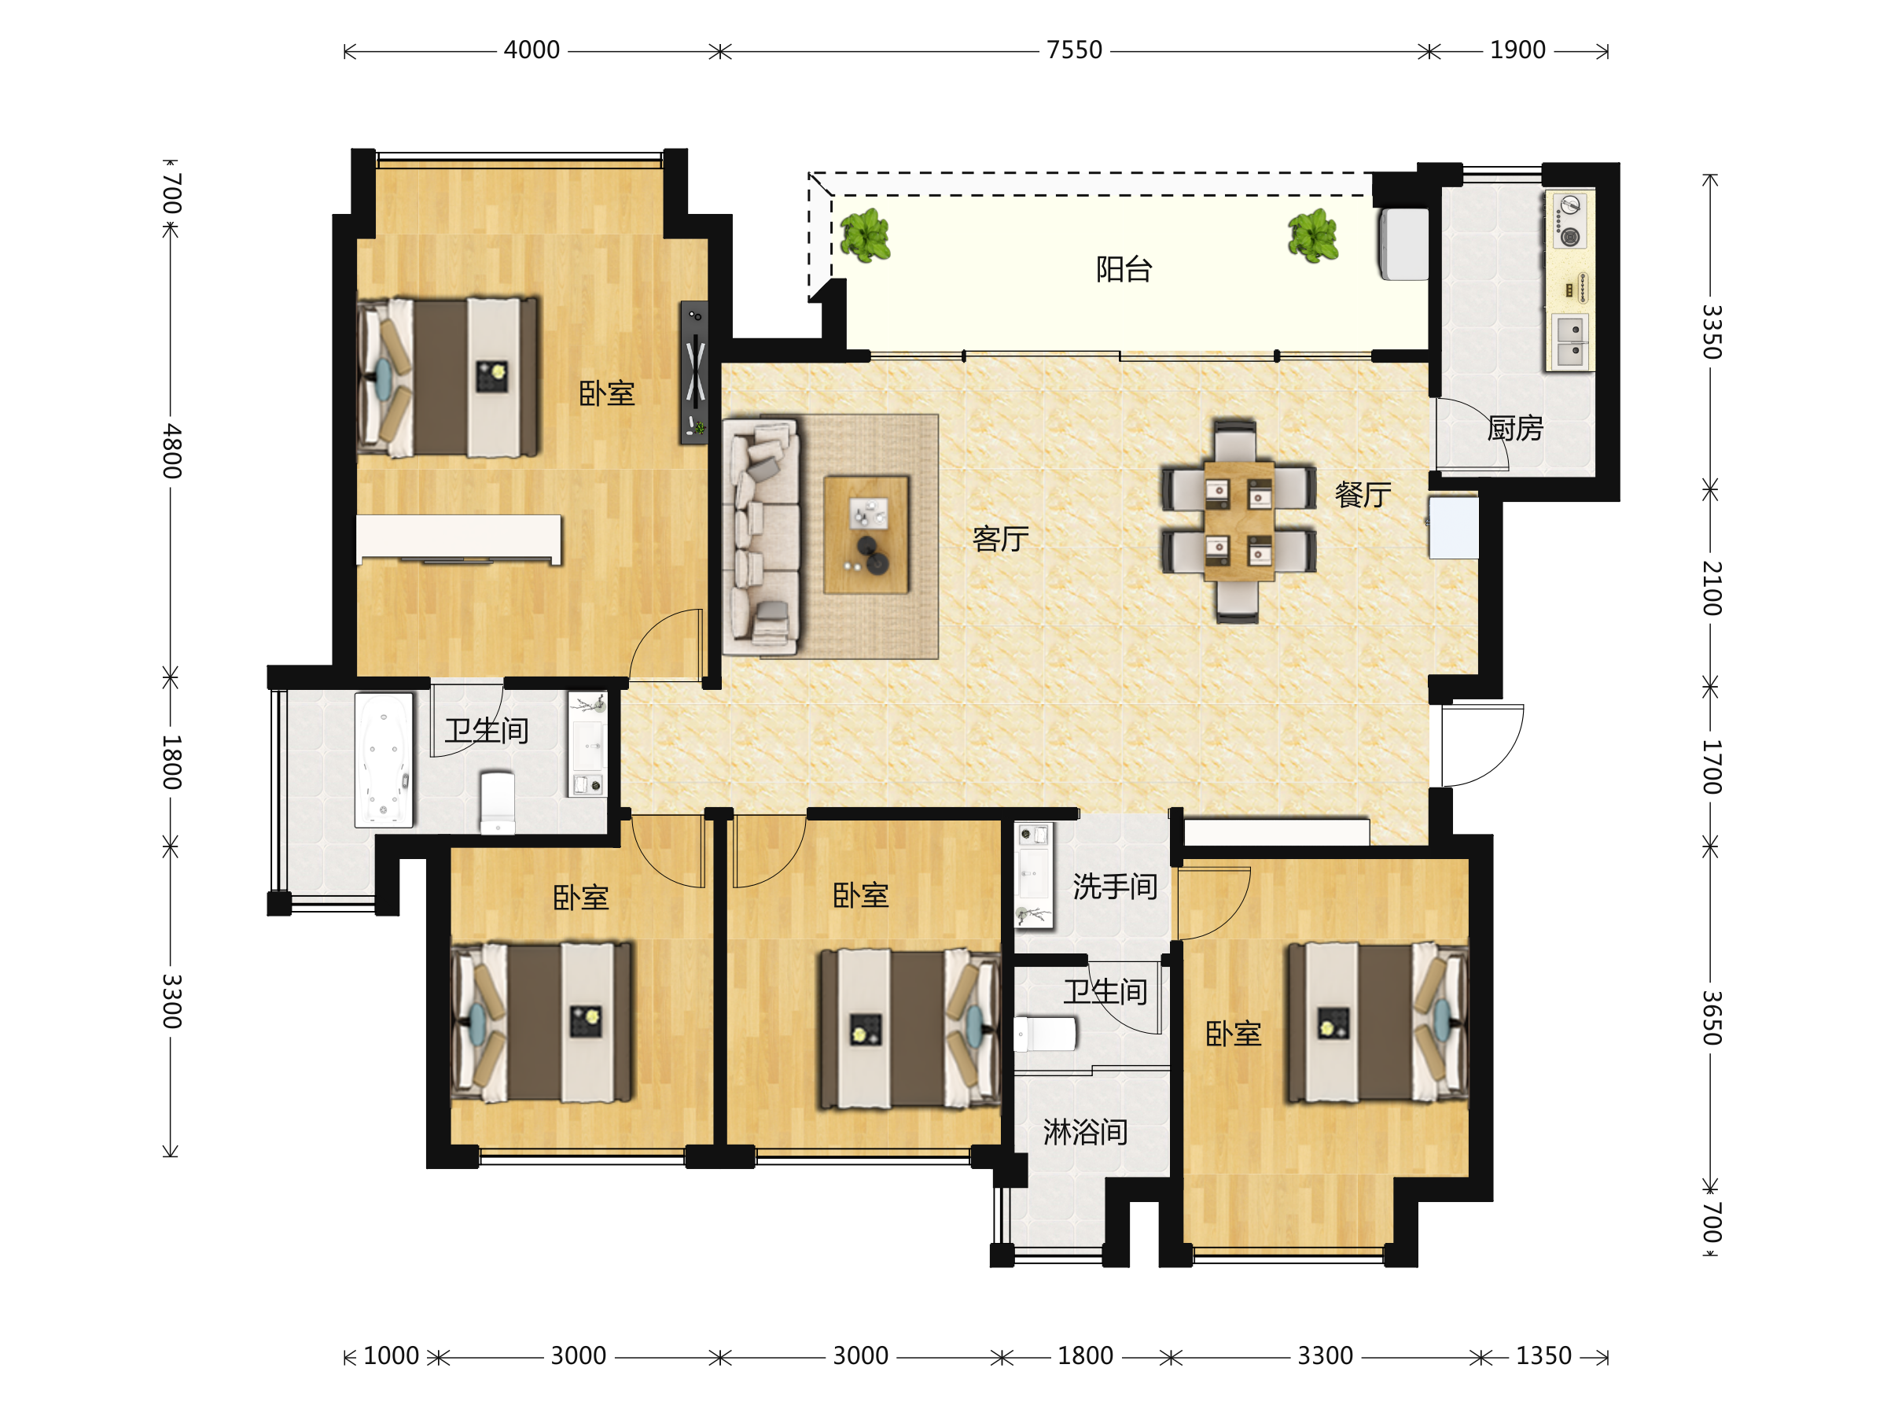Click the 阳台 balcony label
click(1124, 270)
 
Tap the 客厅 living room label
click(1000, 539)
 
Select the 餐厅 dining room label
click(1363, 494)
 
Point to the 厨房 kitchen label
click(1515, 428)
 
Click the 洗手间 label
click(1114, 887)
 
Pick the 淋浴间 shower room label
click(1085, 1132)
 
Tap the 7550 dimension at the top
click(1074, 50)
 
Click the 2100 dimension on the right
click(1711, 589)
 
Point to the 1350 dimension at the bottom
click(1543, 1355)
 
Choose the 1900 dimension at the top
click(1517, 50)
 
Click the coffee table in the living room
click(866, 534)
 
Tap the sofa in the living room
click(761, 536)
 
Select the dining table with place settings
click(1238, 521)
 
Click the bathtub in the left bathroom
click(384, 760)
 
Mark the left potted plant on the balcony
click(865, 235)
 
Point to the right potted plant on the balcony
click(1313, 235)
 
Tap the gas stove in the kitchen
click(1569, 220)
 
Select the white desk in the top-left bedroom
click(459, 540)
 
